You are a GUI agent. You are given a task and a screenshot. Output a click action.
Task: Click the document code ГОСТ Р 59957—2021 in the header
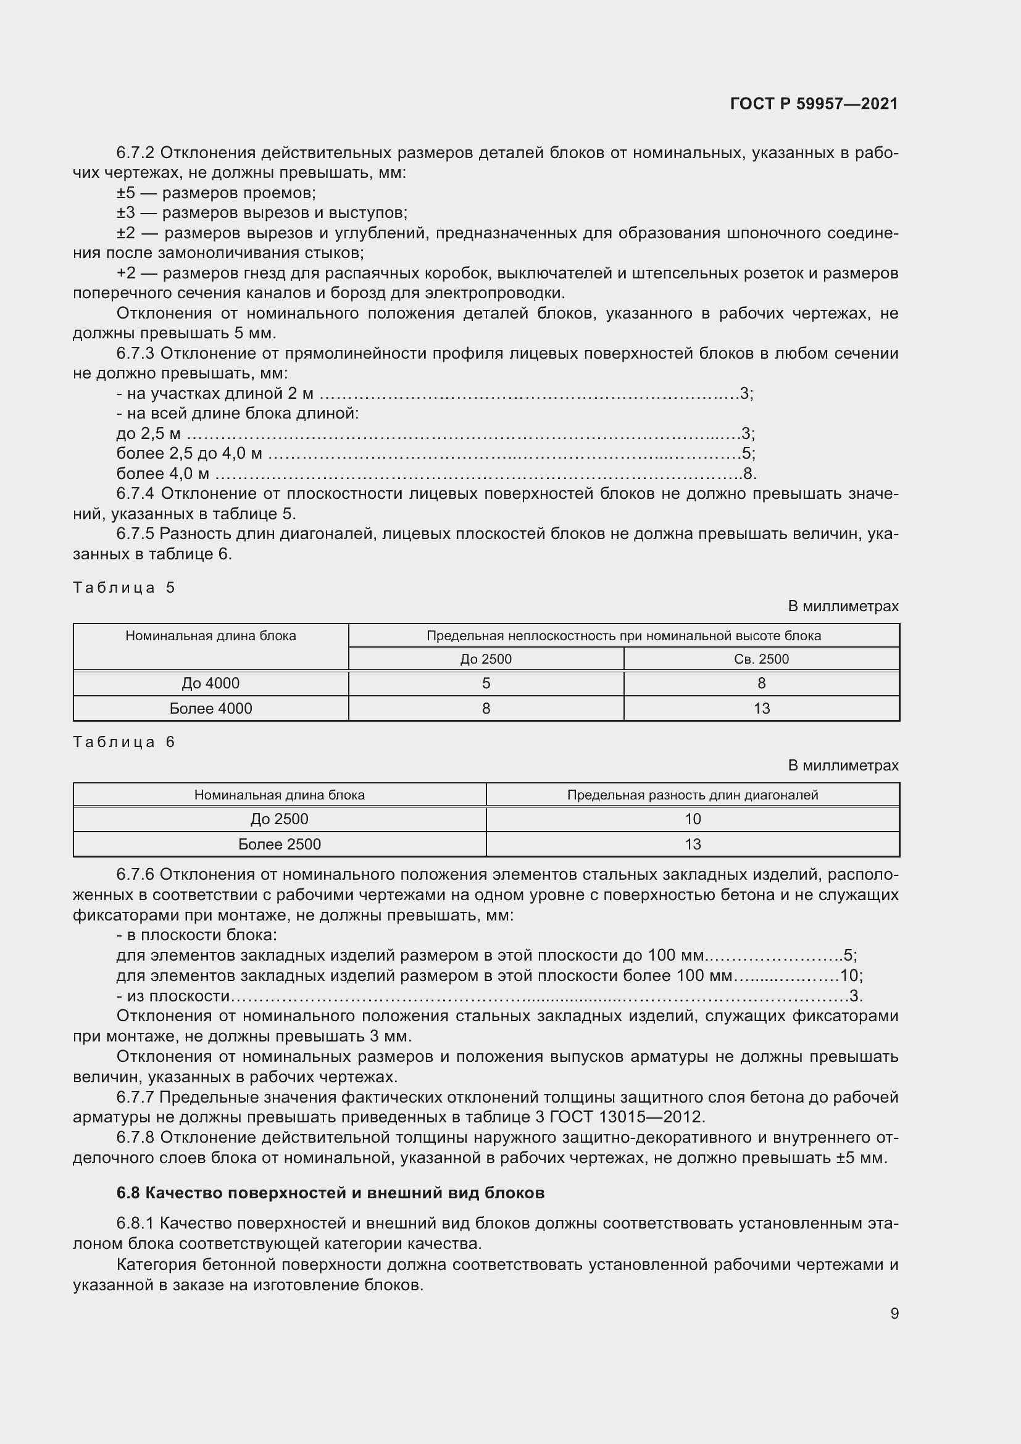(x=814, y=104)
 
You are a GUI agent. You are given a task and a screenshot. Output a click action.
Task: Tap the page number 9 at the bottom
(x=894, y=1313)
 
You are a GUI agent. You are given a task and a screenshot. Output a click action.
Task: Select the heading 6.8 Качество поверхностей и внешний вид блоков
(x=330, y=1193)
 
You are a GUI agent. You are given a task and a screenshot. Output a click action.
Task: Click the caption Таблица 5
(x=124, y=587)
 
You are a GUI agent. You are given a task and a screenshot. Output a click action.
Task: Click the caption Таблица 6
(x=124, y=741)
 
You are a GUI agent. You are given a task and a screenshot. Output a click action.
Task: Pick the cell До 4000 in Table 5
(x=210, y=683)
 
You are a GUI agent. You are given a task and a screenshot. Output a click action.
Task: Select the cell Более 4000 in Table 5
(x=210, y=708)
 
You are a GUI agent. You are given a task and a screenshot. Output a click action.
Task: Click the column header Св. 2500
(x=761, y=659)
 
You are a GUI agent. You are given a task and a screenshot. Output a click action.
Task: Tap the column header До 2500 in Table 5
(x=485, y=659)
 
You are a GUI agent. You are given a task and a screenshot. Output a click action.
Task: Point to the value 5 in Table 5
(x=485, y=683)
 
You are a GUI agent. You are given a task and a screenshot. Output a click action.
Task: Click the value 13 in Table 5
(x=761, y=708)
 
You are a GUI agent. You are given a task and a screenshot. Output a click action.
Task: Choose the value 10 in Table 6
(x=692, y=819)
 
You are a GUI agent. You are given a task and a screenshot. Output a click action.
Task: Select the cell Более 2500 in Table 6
(x=279, y=844)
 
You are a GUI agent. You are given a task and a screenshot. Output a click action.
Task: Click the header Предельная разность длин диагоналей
(x=692, y=795)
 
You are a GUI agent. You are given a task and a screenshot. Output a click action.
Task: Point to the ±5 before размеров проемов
(x=126, y=193)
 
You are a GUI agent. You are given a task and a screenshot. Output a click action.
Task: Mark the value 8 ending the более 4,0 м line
(x=748, y=474)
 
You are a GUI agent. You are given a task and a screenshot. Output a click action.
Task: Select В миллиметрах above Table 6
(x=843, y=766)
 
